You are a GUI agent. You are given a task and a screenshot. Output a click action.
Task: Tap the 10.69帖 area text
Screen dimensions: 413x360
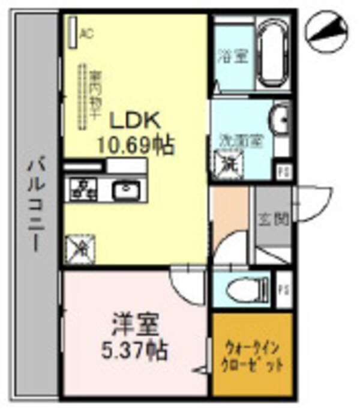tap(136, 145)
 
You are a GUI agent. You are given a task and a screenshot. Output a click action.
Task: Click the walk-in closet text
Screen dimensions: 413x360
tap(252, 355)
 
